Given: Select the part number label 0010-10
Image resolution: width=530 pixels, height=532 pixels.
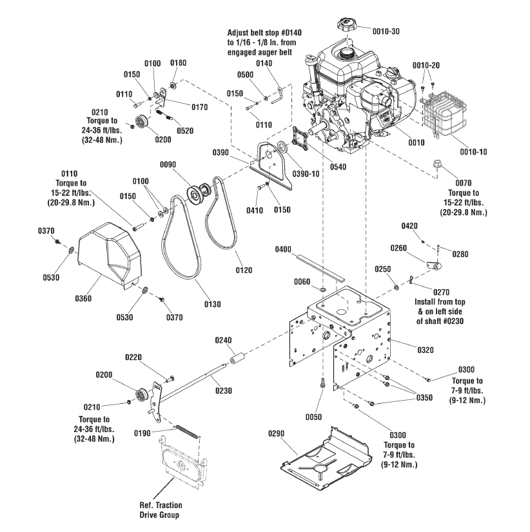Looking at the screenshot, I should (473, 152).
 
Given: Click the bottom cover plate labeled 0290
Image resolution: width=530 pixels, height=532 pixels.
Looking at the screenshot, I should (326, 453).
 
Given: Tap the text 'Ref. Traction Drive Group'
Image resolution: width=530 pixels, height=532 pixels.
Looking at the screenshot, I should (159, 510).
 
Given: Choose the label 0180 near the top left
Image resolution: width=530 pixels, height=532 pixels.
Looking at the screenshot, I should (178, 62).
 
